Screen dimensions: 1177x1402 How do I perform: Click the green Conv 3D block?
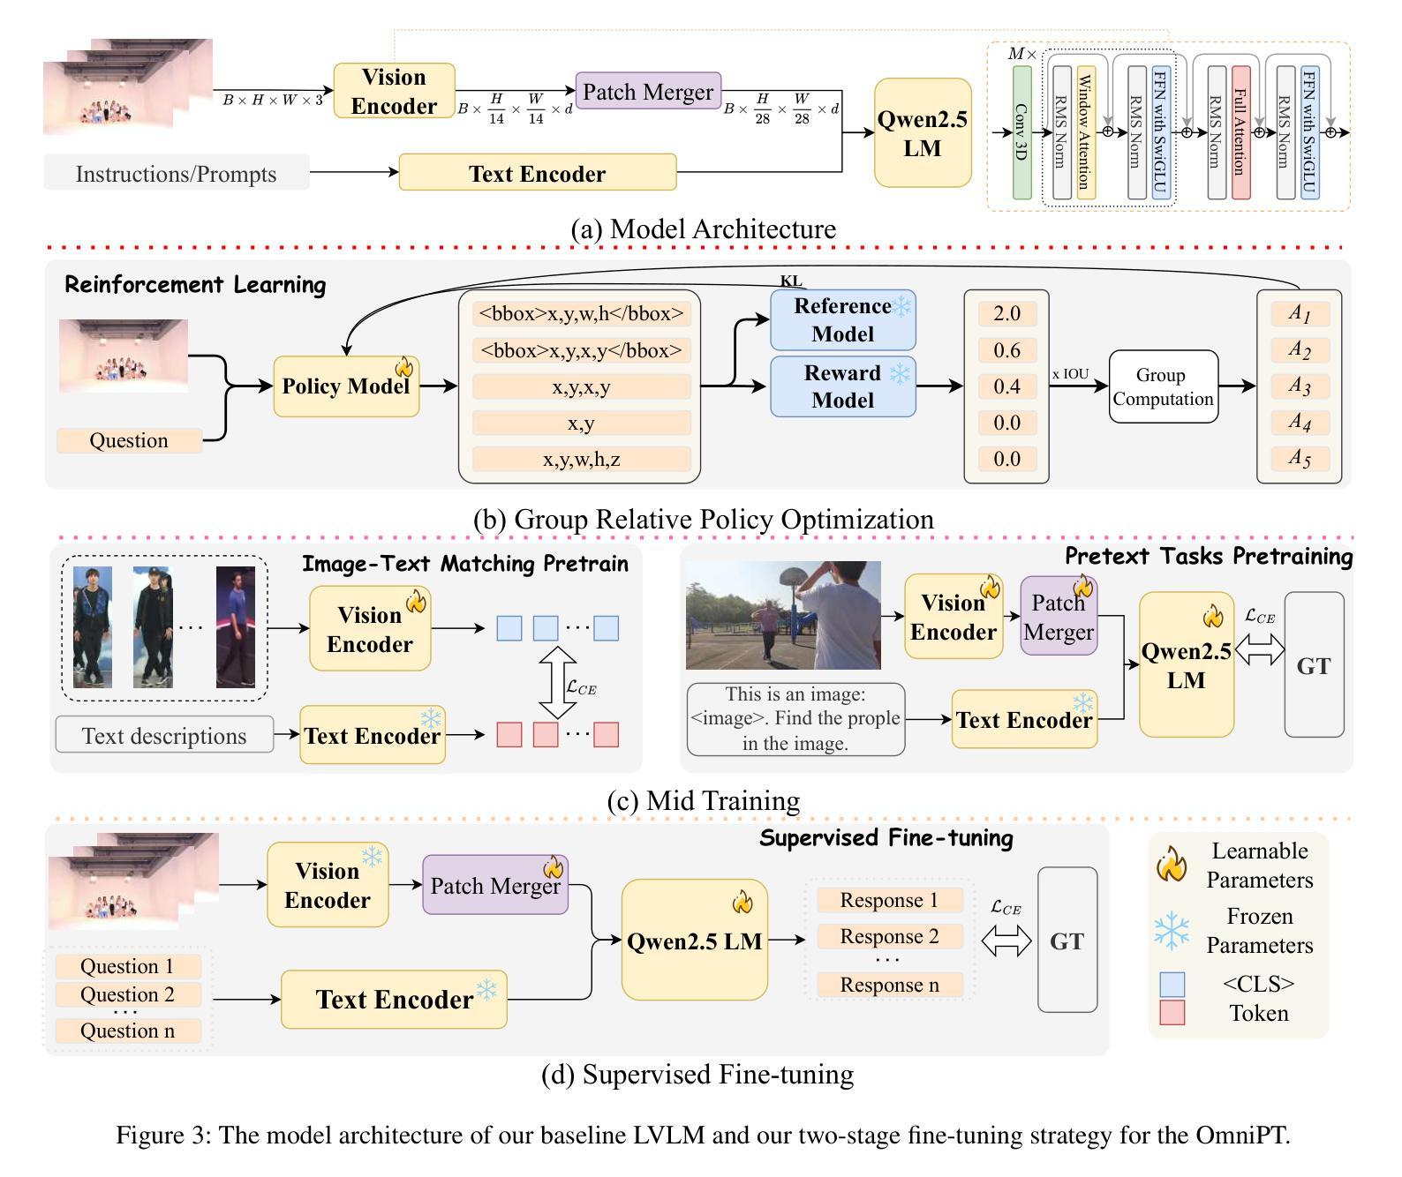[1021, 132]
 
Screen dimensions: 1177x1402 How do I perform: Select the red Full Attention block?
[1240, 132]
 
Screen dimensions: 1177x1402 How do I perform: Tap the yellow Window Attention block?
[1086, 132]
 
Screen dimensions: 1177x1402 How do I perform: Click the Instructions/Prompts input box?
[177, 173]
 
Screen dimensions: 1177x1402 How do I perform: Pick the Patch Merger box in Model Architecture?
[648, 92]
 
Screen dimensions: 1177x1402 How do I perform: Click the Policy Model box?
[346, 386]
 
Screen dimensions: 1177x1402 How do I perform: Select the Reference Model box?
[842, 319]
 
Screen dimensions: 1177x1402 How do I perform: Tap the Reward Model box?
[842, 386]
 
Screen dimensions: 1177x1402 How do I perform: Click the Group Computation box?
[1163, 386]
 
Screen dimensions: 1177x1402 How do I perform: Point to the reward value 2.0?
[1006, 314]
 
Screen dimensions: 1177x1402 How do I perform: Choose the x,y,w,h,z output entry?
[581, 459]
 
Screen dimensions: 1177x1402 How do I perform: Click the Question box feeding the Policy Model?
[129, 440]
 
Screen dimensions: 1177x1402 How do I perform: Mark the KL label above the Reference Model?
[791, 281]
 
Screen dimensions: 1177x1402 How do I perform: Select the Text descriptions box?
[164, 735]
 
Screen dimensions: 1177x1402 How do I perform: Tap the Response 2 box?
[889, 936]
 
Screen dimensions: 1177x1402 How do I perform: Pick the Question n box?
[128, 1031]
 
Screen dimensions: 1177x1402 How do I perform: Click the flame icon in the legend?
[1172, 865]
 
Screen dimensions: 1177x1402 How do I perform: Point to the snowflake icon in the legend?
[1172, 931]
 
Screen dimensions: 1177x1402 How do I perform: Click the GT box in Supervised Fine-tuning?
[1067, 941]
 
